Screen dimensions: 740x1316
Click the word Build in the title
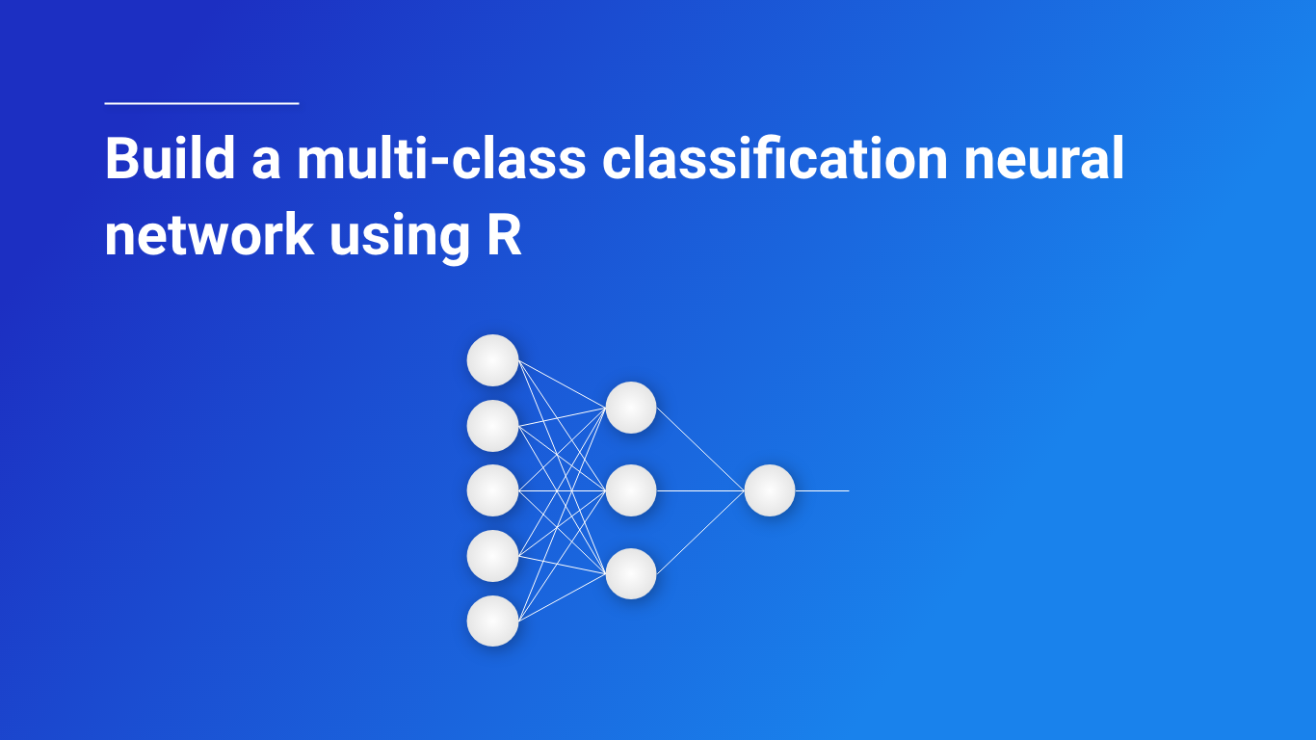coord(170,159)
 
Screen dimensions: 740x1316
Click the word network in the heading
coord(208,234)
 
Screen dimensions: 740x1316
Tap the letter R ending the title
coord(504,234)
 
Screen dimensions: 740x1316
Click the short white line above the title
coord(201,102)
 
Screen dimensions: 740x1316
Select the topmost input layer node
coord(492,360)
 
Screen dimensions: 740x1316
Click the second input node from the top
coord(492,425)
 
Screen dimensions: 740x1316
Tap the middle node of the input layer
coord(492,490)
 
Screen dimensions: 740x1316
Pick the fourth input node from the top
coord(492,555)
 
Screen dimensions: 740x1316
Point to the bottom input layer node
coord(492,621)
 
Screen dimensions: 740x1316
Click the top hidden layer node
coord(631,408)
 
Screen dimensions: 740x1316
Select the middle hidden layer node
coord(631,490)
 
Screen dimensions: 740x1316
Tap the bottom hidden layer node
coord(631,573)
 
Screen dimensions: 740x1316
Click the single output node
coord(770,490)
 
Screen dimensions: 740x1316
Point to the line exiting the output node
coord(823,490)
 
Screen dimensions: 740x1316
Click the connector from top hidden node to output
coord(700,449)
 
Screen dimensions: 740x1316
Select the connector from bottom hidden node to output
coord(700,532)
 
